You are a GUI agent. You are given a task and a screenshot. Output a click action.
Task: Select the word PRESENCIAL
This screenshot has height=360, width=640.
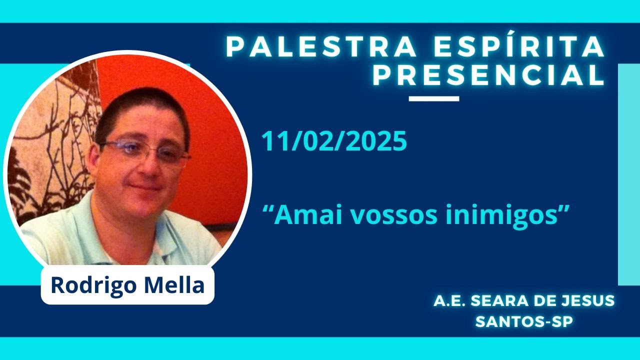point(489,76)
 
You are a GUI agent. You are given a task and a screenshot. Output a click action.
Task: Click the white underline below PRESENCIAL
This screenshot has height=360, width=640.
point(433,98)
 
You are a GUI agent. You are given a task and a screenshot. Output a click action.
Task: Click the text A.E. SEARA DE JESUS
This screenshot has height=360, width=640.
point(524,301)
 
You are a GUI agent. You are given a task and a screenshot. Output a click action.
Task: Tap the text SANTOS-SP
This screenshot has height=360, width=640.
point(524,321)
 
